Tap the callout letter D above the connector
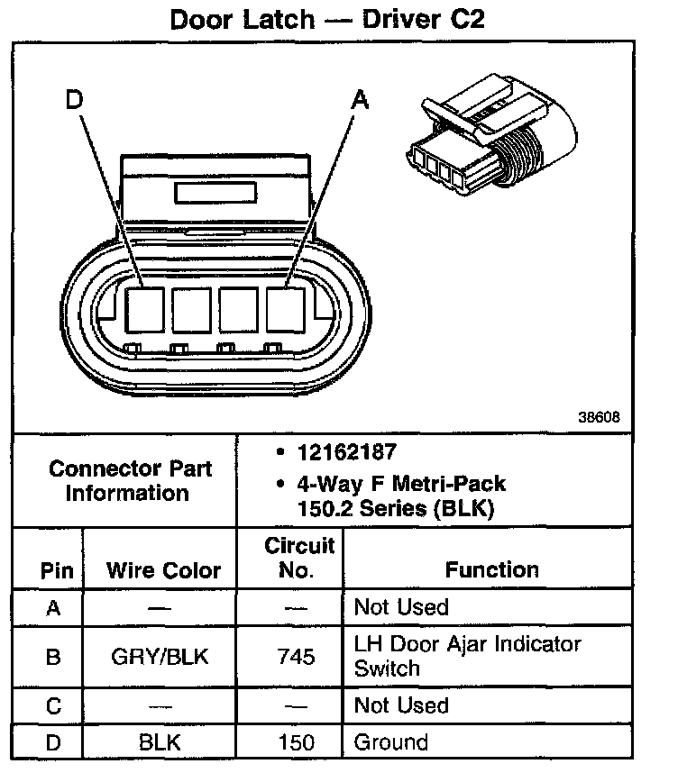tap(74, 101)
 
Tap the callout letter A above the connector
tap(360, 101)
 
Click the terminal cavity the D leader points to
tap(143, 311)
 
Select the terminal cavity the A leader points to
tap(288, 311)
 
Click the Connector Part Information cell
tap(131, 480)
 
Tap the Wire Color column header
tap(163, 570)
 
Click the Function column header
tap(492, 569)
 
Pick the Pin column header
tap(51, 570)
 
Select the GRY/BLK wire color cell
tap(160, 657)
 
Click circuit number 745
tap(297, 657)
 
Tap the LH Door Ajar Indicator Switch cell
tap(467, 656)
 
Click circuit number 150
tap(297, 742)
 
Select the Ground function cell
tap(390, 742)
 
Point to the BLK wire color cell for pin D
tap(160, 742)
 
